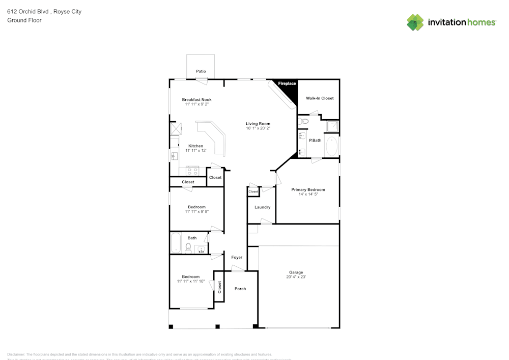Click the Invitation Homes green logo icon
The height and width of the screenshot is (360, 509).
[x=415, y=22]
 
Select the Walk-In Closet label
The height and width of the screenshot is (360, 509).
[x=320, y=98]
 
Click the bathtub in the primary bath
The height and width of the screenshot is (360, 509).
[x=332, y=146]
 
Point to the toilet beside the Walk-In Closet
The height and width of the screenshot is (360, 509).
[x=303, y=121]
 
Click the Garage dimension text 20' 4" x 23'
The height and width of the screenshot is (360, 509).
[x=296, y=277]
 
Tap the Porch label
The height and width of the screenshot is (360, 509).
[x=240, y=289]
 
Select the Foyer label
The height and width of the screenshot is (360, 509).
[x=237, y=257]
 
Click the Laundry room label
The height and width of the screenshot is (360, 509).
[x=262, y=207]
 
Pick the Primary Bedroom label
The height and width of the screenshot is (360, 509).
[x=308, y=189]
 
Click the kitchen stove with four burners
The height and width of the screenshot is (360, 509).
[x=192, y=171]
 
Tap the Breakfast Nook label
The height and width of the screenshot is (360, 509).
[x=196, y=99]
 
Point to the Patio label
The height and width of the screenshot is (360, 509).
[x=201, y=71]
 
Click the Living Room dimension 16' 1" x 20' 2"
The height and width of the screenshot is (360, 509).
[x=258, y=128]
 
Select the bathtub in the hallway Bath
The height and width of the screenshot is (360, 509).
[x=176, y=243]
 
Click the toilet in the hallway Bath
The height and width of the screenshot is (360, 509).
[x=188, y=248]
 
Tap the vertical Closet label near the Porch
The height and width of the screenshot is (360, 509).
[x=219, y=288]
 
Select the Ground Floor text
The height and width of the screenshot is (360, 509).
[x=24, y=20]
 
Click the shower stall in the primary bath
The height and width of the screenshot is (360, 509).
[x=332, y=126]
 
